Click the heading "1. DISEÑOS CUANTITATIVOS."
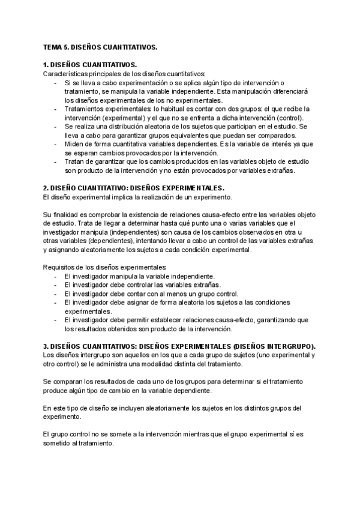coord(91,65)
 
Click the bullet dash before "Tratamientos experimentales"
coord(56,109)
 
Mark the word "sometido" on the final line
coord(59,444)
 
